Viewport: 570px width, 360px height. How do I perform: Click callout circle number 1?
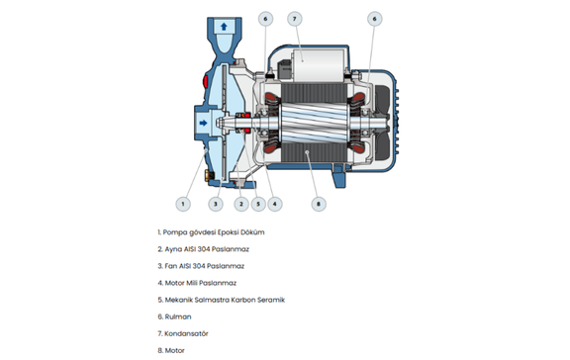tap(183, 204)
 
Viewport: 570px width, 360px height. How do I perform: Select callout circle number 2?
tap(241, 204)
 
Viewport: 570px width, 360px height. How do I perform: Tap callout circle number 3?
tap(216, 204)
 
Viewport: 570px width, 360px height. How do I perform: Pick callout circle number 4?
tap(274, 204)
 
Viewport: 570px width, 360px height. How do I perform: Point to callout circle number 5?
tap(258, 204)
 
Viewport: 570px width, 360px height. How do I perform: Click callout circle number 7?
tap(295, 19)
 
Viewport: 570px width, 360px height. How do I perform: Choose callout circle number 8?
tap(319, 204)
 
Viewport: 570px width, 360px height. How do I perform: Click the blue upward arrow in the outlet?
tap(224, 27)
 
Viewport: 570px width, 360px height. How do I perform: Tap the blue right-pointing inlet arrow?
tap(204, 123)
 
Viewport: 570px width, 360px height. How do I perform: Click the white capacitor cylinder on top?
tap(319, 65)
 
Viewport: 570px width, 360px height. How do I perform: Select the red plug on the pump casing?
tap(205, 80)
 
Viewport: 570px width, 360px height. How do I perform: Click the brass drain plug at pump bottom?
tap(208, 175)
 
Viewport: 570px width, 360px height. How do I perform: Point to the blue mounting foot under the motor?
tap(339, 177)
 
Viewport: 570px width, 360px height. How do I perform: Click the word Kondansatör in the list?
tap(186, 333)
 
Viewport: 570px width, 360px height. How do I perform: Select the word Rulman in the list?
tap(178, 316)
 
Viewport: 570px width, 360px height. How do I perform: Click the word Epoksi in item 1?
tap(228, 232)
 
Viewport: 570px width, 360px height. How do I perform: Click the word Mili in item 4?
tap(192, 283)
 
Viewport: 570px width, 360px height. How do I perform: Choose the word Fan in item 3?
tap(171, 266)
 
